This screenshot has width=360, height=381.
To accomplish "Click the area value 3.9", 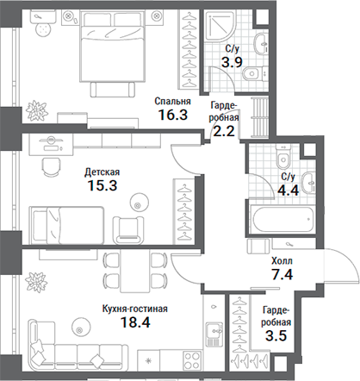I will [x=232, y=63].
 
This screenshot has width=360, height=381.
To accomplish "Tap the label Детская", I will [x=102, y=172].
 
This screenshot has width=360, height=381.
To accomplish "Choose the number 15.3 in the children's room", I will [x=102, y=185].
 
